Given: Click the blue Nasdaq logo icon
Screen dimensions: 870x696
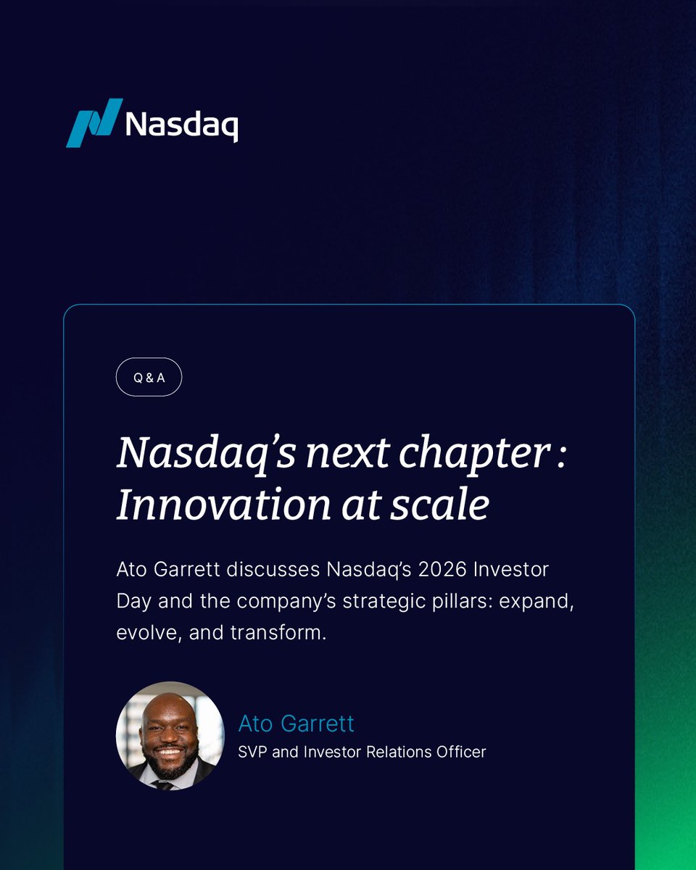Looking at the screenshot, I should [94, 123].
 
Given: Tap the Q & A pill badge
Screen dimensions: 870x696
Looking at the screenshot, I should [149, 378].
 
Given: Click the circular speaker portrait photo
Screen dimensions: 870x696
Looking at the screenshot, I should [170, 735].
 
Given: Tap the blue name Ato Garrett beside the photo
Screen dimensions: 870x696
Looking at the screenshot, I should [296, 724].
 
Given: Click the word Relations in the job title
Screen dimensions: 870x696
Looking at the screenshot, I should [392, 752].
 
